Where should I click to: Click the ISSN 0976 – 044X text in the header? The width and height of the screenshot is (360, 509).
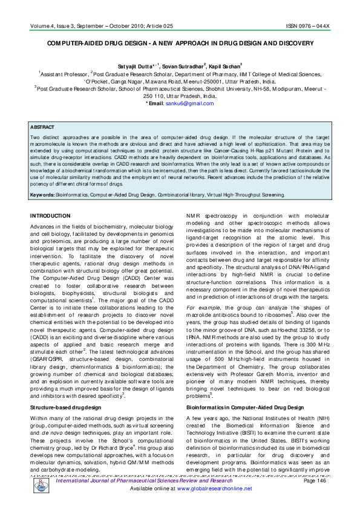[x=309, y=27]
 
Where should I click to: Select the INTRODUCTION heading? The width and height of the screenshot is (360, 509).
[x=50, y=216]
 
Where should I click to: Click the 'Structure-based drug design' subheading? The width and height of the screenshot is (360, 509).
[x=66, y=408]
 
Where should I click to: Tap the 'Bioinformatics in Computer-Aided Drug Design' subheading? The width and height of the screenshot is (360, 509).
[x=245, y=408]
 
